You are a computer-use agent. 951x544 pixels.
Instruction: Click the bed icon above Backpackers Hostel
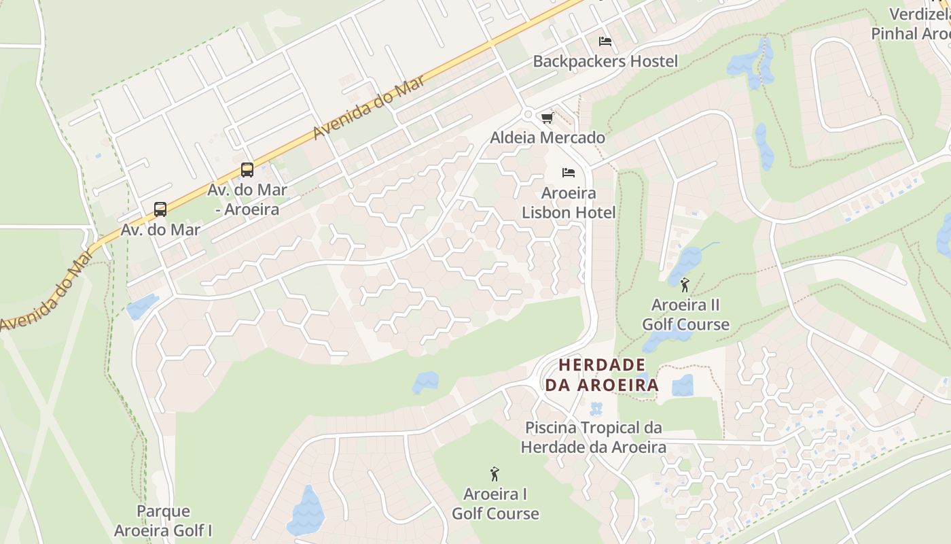(x=605, y=41)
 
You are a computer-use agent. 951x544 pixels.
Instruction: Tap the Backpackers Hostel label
(x=605, y=61)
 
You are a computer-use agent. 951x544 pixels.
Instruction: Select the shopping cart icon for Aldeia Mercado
(x=548, y=118)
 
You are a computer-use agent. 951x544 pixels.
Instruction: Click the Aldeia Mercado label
(x=548, y=137)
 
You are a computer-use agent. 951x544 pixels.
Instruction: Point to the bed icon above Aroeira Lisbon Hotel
(x=569, y=173)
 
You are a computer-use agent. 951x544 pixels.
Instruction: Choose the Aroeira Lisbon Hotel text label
(x=569, y=203)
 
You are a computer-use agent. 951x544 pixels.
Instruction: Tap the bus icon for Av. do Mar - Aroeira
(x=247, y=170)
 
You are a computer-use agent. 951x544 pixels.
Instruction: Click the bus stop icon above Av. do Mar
(x=160, y=209)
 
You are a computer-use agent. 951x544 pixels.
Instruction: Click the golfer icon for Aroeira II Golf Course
(x=685, y=285)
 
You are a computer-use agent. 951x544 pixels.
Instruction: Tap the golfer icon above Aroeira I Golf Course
(x=495, y=473)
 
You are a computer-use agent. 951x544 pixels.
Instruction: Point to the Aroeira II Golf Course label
(x=685, y=314)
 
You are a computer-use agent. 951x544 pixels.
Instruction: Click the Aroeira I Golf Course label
(x=495, y=503)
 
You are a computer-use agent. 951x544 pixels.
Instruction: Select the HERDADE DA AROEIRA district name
(x=602, y=375)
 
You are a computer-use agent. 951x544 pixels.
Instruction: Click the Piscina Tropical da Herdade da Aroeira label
(x=593, y=437)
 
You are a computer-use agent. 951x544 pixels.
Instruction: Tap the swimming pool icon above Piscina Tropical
(x=596, y=409)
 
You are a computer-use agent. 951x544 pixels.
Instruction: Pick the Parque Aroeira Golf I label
(x=164, y=520)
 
